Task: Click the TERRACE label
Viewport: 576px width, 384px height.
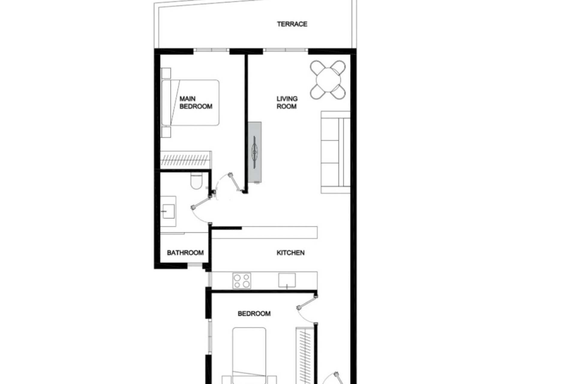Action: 292,24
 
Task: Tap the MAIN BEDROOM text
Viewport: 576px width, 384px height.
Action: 196,103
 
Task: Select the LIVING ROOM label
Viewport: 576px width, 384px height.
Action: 287,103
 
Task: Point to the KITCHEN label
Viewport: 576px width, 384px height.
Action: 290,253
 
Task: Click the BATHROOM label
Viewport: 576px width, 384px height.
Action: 185,253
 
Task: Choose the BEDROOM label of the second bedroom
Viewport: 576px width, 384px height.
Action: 254,314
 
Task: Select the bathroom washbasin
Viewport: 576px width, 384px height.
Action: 168,211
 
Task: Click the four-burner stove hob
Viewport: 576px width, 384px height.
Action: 242,281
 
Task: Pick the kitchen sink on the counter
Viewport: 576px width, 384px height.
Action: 287,280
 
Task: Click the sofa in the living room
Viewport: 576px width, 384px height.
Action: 335,152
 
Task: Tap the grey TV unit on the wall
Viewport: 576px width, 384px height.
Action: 255,152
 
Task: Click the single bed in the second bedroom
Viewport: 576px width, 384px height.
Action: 249,354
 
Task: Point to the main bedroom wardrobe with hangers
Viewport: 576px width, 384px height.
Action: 186,159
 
